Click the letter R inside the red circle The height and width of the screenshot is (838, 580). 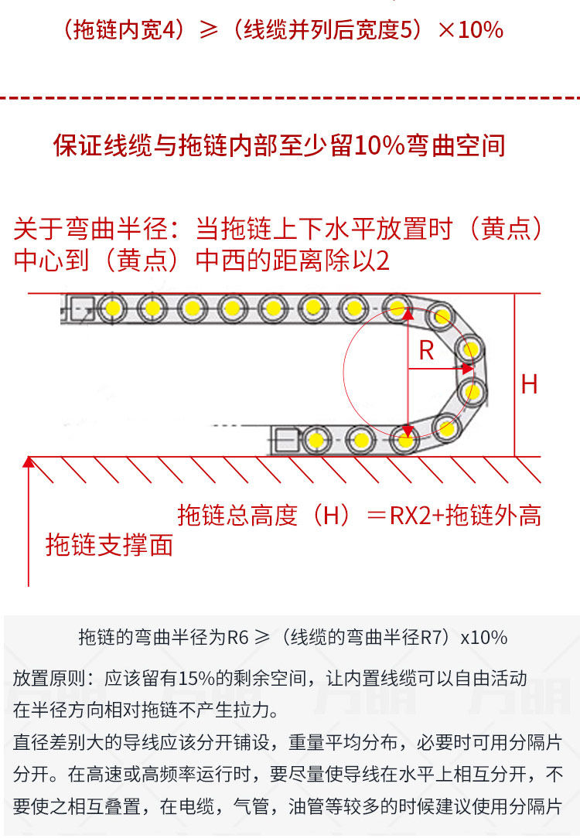[426, 350]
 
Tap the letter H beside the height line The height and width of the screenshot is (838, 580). [529, 384]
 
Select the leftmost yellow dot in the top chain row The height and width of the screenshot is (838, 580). [112, 308]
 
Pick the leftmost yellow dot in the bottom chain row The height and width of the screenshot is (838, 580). [316, 441]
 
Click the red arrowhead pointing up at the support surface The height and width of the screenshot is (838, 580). [29, 462]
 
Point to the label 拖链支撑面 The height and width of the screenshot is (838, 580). [109, 545]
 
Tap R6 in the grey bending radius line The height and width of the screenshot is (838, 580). [238, 638]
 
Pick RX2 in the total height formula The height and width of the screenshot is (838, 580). [410, 516]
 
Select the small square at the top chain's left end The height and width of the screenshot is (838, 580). [83, 308]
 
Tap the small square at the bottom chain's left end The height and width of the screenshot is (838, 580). [287, 441]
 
